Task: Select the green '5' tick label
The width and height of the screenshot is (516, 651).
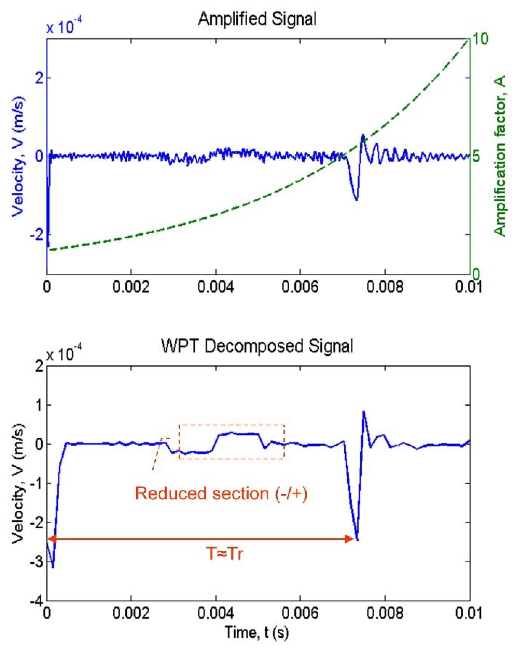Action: [477, 157]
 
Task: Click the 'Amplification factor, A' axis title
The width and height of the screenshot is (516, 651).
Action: [500, 156]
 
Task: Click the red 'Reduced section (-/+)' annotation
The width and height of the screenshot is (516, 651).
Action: [221, 493]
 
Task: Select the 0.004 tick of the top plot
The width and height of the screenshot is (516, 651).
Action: [215, 287]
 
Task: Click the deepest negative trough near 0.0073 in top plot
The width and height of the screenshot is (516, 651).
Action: [357, 200]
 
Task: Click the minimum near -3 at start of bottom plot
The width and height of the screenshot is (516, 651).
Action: [53, 567]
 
